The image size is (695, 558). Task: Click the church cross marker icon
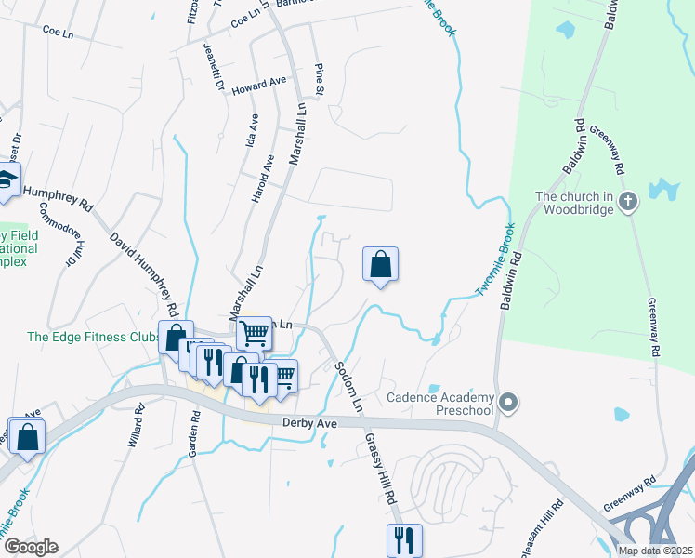pos(629,202)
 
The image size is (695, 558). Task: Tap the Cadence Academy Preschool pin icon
pos(507,403)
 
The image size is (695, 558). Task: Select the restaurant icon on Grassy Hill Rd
pos(404,539)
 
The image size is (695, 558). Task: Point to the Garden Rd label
pos(195,434)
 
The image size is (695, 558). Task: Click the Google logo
pos(31,547)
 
